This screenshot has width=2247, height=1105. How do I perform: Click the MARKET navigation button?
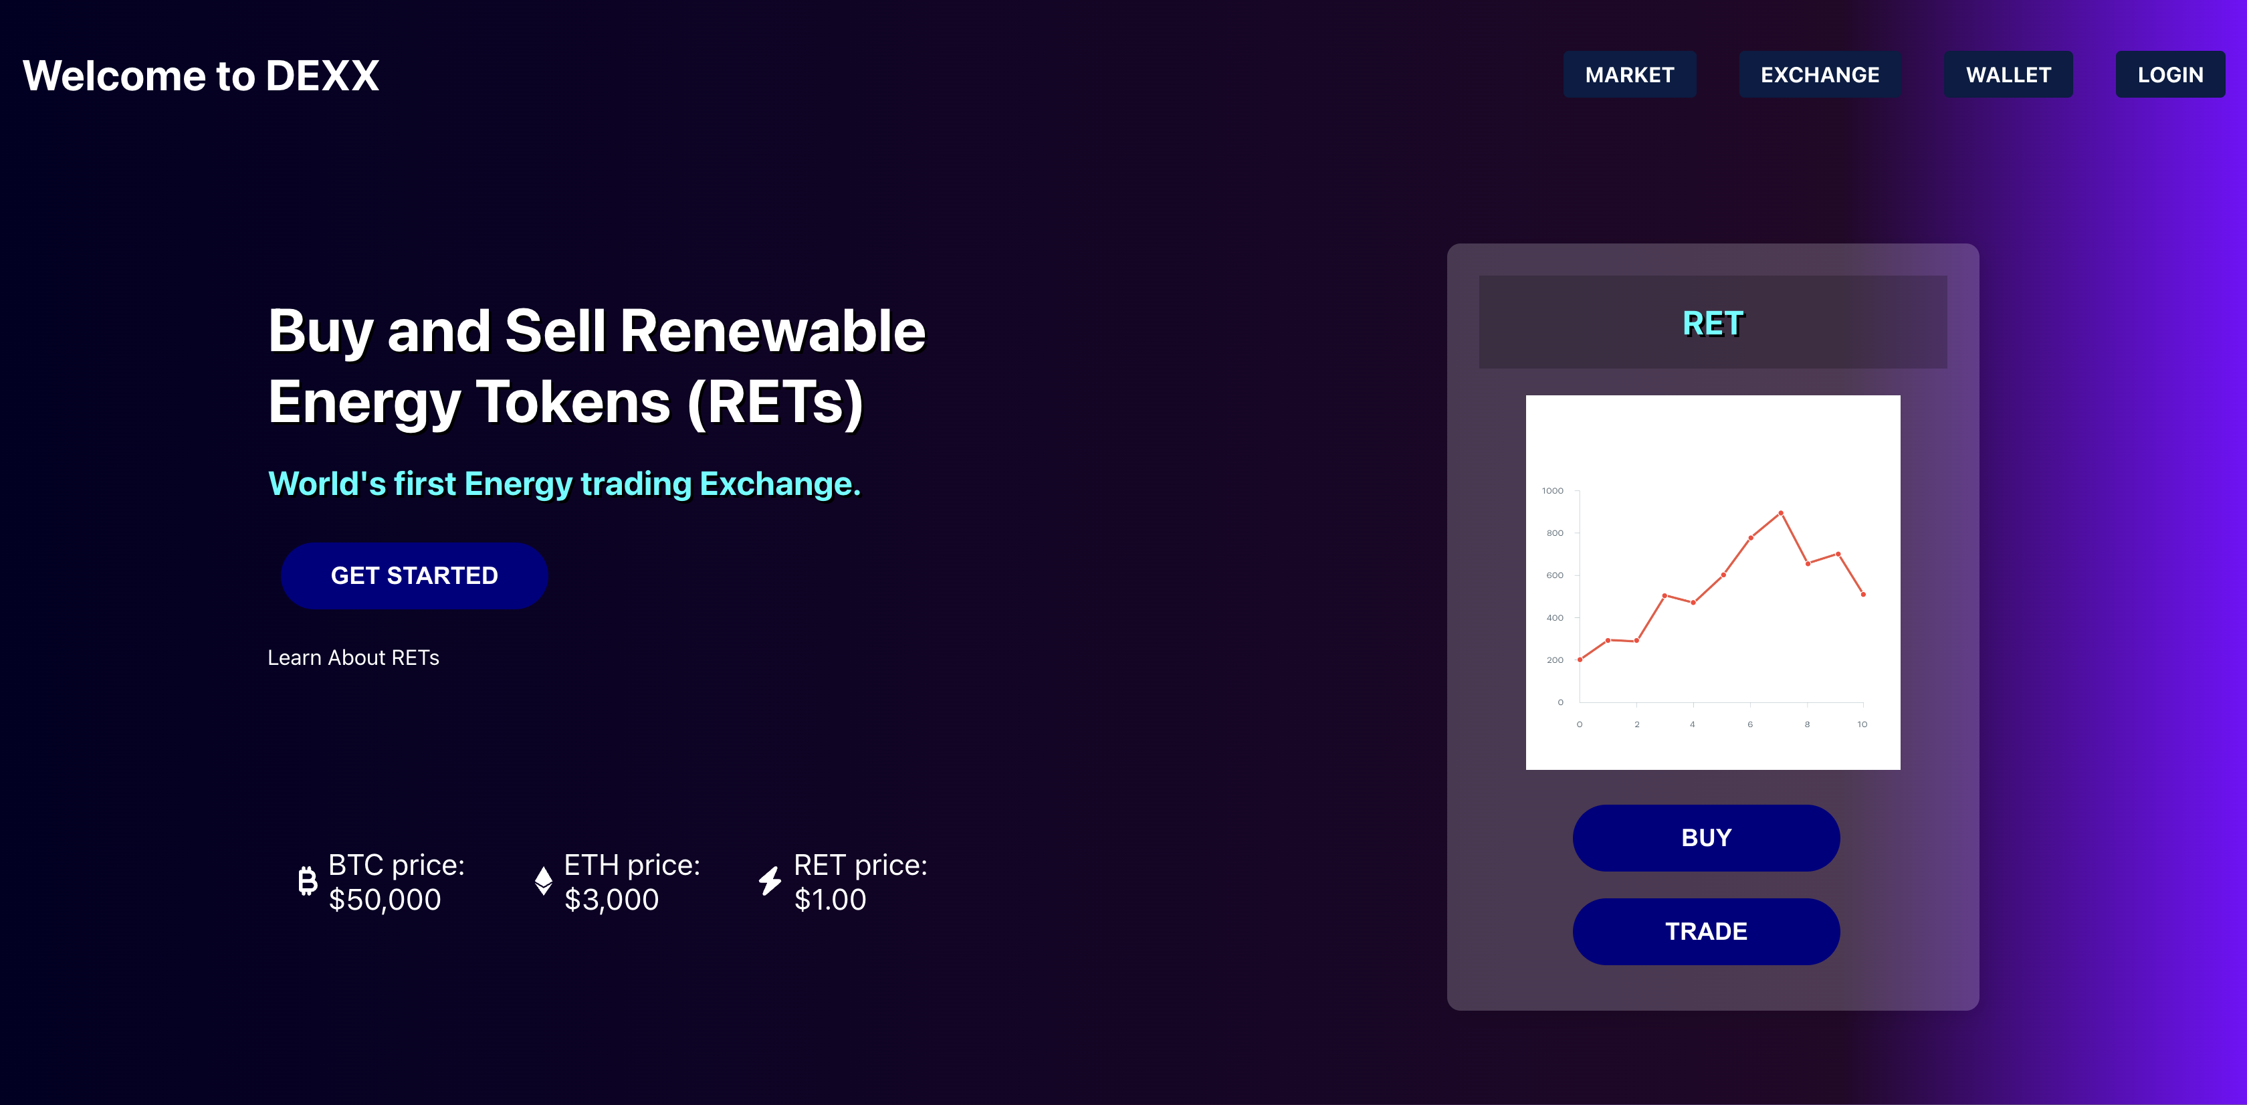[1630, 75]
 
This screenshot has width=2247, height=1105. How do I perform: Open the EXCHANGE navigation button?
[1820, 75]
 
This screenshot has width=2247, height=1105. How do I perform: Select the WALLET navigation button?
[2008, 75]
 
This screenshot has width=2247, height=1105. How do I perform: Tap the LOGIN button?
[2170, 75]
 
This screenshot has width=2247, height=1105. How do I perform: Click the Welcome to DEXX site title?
[201, 76]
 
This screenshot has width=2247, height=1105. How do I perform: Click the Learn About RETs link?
[353, 658]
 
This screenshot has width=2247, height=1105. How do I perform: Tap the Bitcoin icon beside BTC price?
[307, 881]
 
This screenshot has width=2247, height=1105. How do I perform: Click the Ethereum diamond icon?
[544, 881]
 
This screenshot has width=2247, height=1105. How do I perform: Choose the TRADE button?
[1706, 932]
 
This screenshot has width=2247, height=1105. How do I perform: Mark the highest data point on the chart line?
[1780, 513]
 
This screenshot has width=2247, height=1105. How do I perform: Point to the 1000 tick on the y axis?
[1553, 491]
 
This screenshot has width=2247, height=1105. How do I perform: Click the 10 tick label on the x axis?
[1862, 725]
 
